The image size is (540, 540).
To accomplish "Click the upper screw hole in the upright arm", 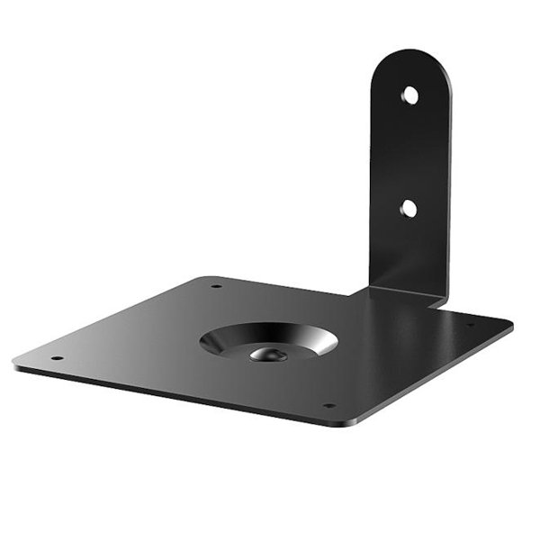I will point(409,94).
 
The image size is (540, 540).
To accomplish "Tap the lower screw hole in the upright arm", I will point(409,208).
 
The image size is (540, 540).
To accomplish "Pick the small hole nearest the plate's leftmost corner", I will point(57,358).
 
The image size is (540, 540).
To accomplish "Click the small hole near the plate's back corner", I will point(216,287).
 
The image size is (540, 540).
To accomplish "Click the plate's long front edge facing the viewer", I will point(180,394).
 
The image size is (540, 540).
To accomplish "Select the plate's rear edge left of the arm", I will point(288,285).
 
